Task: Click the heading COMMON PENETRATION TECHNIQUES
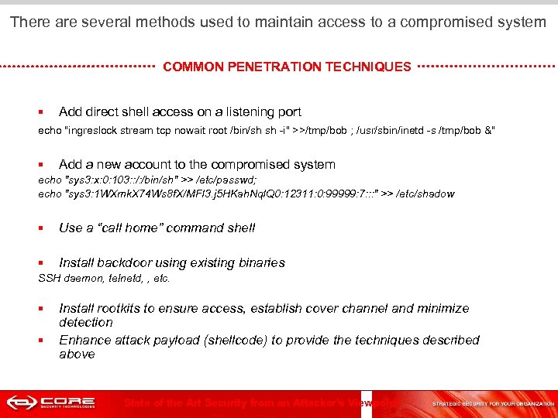click(287, 67)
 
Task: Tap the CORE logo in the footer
click(51, 403)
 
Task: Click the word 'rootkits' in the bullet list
click(120, 308)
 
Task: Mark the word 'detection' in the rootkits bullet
click(86, 322)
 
